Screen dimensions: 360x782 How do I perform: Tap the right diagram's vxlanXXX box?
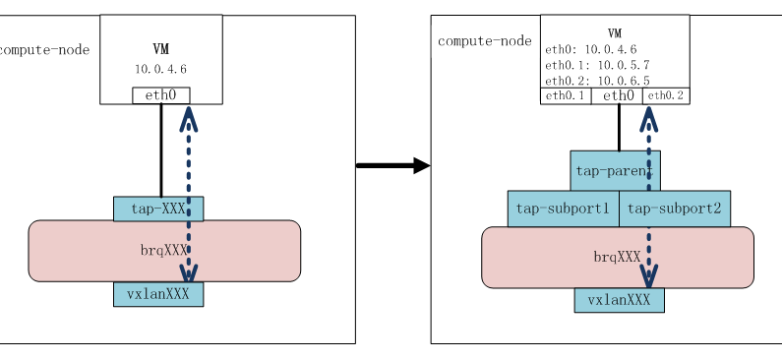click(x=619, y=301)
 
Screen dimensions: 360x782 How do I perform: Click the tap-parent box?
click(x=614, y=171)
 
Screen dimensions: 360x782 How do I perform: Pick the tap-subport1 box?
click(x=563, y=209)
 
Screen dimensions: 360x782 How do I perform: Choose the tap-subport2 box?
click(x=675, y=209)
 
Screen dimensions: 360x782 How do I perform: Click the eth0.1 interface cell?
click(x=565, y=95)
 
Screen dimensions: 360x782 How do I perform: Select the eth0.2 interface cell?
click(x=665, y=95)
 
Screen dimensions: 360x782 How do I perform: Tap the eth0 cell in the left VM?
click(x=160, y=95)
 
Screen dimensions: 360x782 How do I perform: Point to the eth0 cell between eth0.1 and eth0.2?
click(x=618, y=95)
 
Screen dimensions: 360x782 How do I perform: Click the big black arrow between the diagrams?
click(x=392, y=165)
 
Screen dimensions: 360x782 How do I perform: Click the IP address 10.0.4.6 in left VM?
click(x=160, y=69)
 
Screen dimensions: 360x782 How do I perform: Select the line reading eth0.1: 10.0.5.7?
click(x=596, y=64)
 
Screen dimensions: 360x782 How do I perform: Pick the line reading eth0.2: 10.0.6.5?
click(x=596, y=80)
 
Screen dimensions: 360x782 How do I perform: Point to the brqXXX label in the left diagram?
click(x=162, y=250)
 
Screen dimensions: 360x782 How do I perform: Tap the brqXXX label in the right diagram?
click(x=617, y=257)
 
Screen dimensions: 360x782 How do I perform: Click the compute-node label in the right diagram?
click(x=484, y=40)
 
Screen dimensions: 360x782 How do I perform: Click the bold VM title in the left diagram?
click(x=160, y=49)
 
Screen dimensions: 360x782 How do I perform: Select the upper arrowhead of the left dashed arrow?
click(x=188, y=118)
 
